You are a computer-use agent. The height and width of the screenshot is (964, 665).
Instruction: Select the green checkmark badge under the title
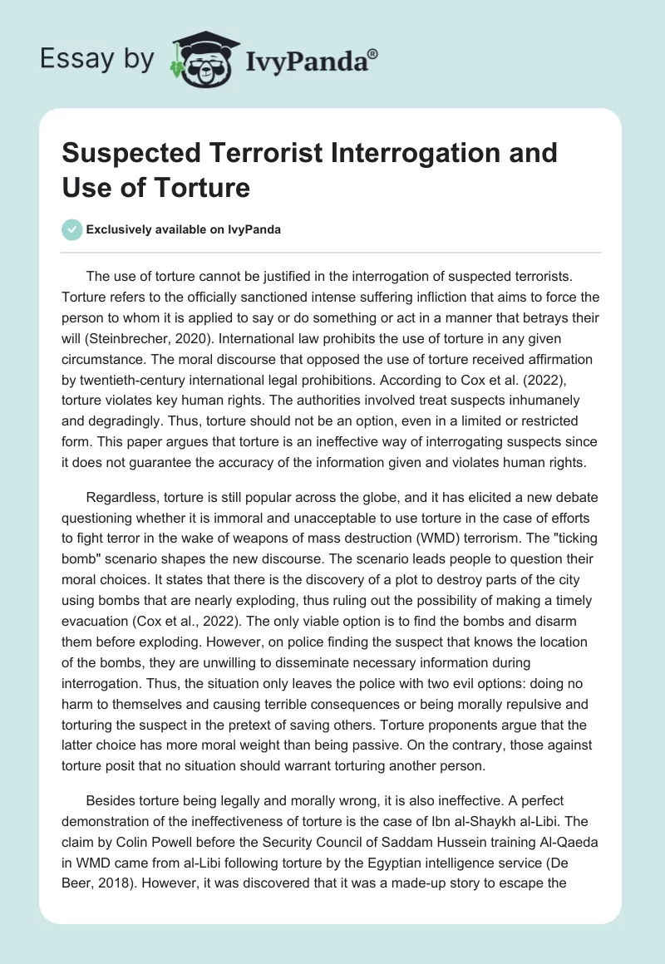click(x=72, y=229)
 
